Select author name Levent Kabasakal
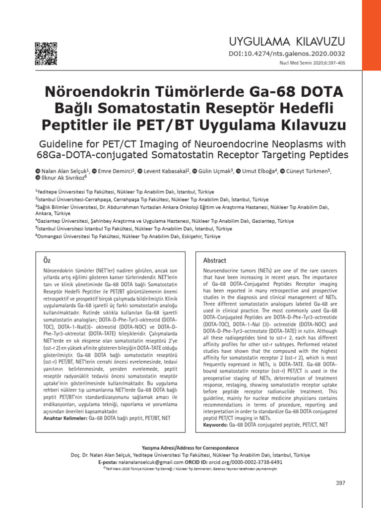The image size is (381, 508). coord(166,171)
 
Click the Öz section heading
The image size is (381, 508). coord(47,260)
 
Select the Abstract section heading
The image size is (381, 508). coord(214,260)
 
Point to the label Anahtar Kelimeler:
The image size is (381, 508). coord(63,419)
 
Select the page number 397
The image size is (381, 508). coord(340,483)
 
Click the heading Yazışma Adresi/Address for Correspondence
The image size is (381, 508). coord(190,447)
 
